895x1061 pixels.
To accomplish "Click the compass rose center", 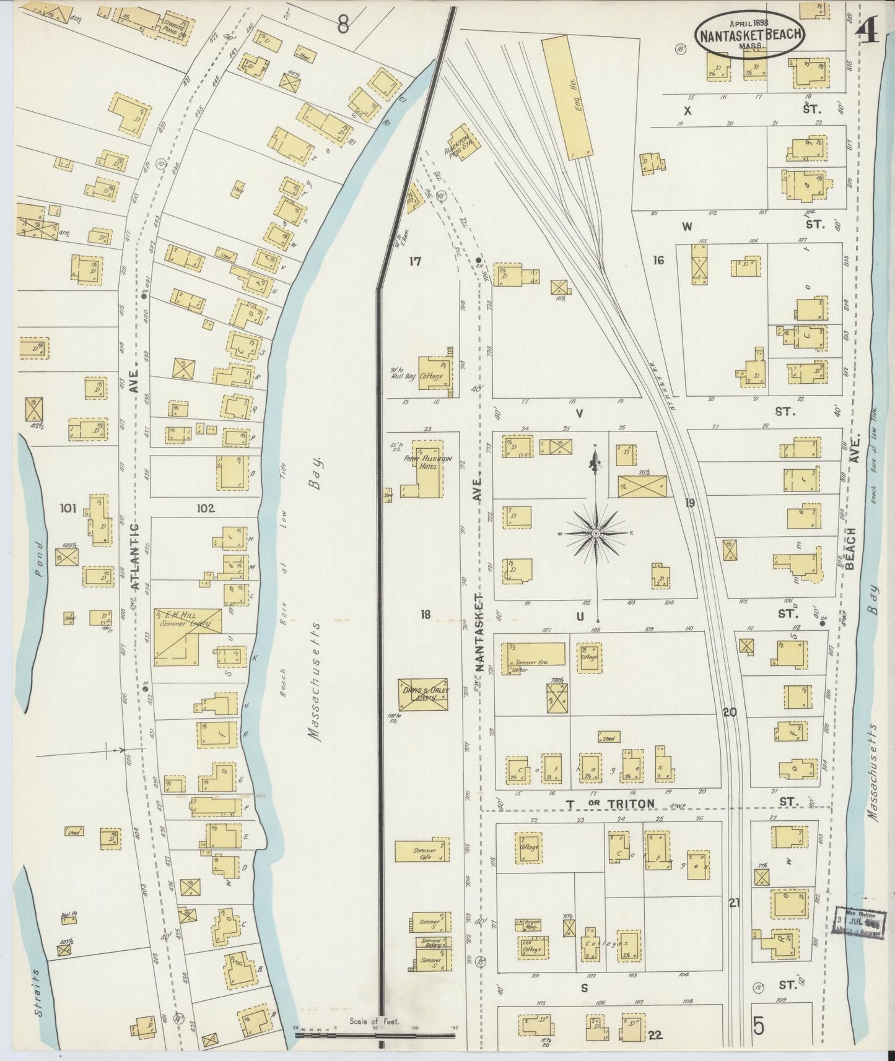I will coord(596,534).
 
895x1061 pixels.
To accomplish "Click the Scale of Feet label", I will coord(374,1021).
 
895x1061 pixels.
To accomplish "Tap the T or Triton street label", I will coord(609,803).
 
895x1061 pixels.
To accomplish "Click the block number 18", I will coord(425,615).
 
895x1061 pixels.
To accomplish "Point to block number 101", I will coord(68,509).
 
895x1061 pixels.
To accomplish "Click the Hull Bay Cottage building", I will coord(434,373).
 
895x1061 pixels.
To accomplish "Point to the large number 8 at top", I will coord(343,25).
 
